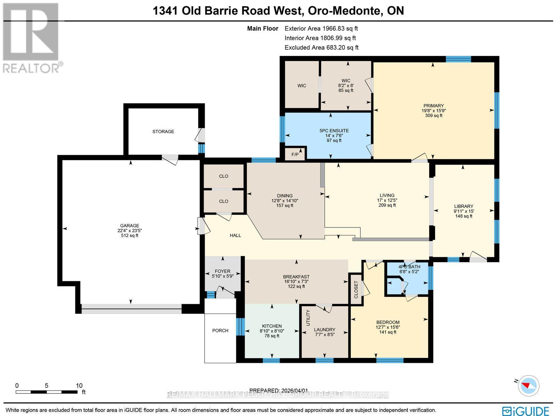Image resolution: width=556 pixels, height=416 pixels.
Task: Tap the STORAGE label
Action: pyautogui.click(x=163, y=132)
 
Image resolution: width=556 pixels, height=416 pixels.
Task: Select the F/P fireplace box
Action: pyautogui.click(x=295, y=154)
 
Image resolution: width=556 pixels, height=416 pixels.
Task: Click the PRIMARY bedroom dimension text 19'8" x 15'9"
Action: pyautogui.click(x=433, y=111)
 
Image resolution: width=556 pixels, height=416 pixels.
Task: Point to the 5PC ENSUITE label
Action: pyautogui.click(x=334, y=131)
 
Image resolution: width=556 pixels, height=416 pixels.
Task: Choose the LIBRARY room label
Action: pyautogui.click(x=463, y=206)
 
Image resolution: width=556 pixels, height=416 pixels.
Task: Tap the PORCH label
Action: pyautogui.click(x=220, y=330)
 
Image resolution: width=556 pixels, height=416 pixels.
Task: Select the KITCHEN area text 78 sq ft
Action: pyautogui.click(x=272, y=336)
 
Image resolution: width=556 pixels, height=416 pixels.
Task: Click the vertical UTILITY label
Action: pyautogui.click(x=308, y=317)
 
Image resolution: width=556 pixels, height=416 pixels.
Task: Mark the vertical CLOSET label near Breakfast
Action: pyautogui.click(x=355, y=290)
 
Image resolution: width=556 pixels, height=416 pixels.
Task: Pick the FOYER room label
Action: pyautogui.click(x=222, y=271)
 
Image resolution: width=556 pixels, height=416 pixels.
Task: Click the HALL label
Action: pyautogui.click(x=235, y=235)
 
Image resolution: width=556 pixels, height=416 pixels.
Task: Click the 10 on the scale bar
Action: pyautogui.click(x=79, y=385)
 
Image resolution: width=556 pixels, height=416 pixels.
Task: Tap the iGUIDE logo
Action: pyautogui.click(x=526, y=410)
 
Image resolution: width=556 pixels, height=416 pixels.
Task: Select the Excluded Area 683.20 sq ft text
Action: pyautogui.click(x=321, y=48)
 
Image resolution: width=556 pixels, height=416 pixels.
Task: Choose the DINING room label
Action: pyautogui.click(x=285, y=195)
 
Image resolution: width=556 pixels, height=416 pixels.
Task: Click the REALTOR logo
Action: pyautogui.click(x=32, y=38)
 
